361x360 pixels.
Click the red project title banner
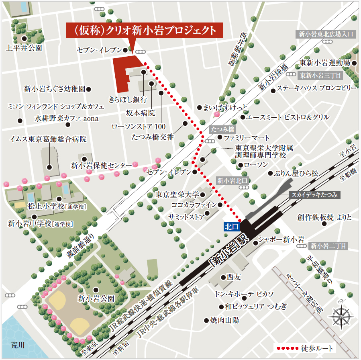point(144,31)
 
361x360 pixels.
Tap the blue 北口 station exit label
point(232,227)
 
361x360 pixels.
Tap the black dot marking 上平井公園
point(24,39)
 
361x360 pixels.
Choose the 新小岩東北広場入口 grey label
point(326,34)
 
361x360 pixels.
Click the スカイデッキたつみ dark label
point(314,195)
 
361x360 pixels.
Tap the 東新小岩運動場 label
point(325,63)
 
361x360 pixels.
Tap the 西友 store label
point(233,277)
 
